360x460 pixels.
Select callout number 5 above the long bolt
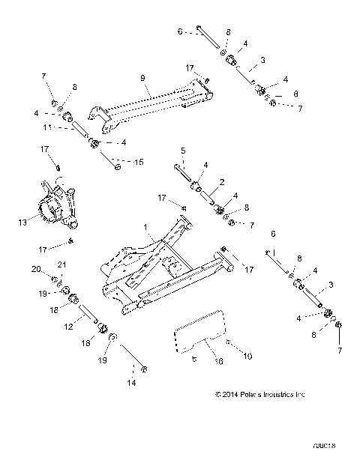click(x=184, y=151)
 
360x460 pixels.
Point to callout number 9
click(x=141, y=76)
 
